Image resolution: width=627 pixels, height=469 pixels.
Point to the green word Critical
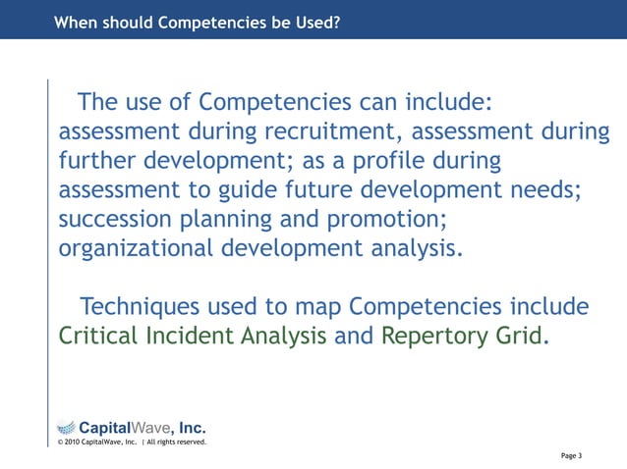point(101,337)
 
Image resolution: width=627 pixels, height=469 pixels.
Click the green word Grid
point(515,337)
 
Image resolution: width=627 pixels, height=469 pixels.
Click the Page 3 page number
point(572,455)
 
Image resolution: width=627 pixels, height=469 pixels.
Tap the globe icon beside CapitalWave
point(65,426)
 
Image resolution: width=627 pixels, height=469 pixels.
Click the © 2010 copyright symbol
point(60,443)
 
